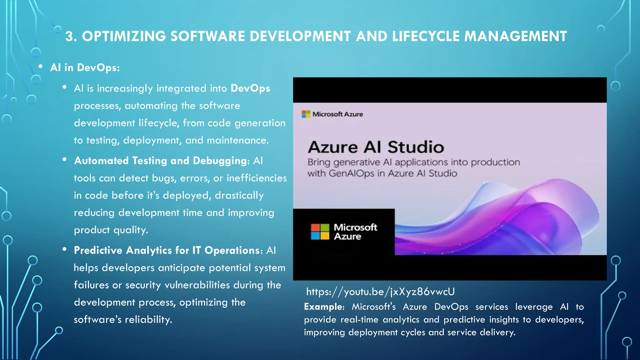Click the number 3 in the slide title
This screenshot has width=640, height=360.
pyautogui.click(x=69, y=37)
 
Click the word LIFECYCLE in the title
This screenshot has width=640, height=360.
pyautogui.click(x=426, y=37)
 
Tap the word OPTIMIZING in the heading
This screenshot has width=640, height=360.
pyautogui.click(x=124, y=37)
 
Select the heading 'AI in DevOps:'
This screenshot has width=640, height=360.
pyautogui.click(x=85, y=67)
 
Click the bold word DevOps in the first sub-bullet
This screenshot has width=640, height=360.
pyautogui.click(x=250, y=88)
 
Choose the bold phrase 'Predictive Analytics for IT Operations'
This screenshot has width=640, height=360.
pyautogui.click(x=167, y=250)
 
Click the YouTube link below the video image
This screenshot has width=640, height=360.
pyautogui.click(x=380, y=292)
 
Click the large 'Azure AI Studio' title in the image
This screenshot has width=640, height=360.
pyautogui.click(x=376, y=147)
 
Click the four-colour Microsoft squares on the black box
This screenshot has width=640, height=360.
pyautogui.click(x=320, y=232)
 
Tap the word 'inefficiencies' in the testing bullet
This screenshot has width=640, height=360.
pyautogui.click(x=257, y=178)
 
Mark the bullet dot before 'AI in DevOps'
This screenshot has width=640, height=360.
pyautogui.click(x=41, y=67)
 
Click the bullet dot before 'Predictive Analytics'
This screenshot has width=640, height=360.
pyautogui.click(x=65, y=249)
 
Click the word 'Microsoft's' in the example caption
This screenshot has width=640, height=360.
pyautogui.click(x=374, y=307)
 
